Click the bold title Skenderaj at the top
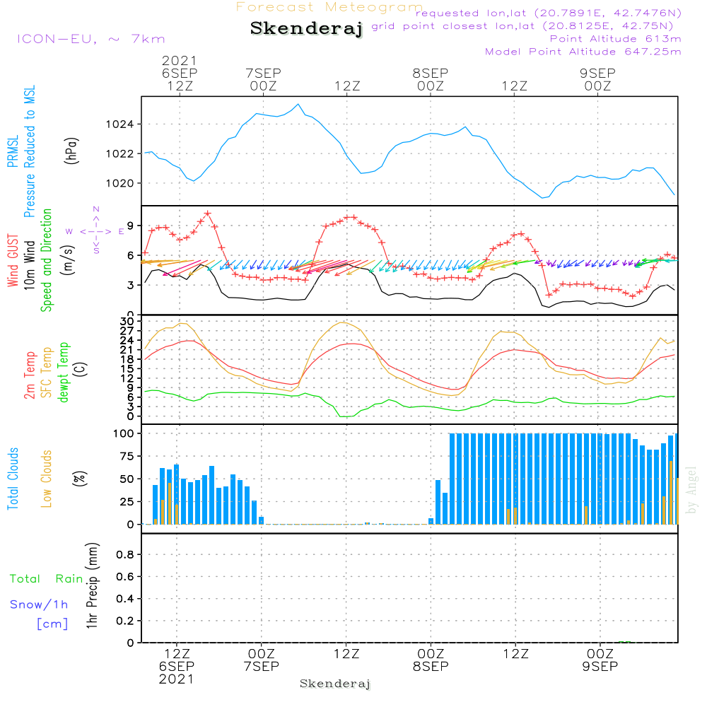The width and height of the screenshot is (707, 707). click(x=306, y=29)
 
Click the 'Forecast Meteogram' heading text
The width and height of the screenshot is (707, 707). click(x=329, y=7)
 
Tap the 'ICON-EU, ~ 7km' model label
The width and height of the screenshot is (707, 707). click(x=90, y=39)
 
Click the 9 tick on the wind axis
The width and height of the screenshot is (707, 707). click(x=132, y=226)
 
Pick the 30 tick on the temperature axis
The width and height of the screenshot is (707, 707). click(x=128, y=322)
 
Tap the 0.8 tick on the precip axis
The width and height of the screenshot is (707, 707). click(x=125, y=554)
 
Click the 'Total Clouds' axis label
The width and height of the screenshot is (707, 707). click(x=13, y=479)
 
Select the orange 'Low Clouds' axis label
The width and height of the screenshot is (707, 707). click(x=47, y=479)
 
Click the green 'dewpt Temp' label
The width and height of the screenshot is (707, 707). click(x=64, y=373)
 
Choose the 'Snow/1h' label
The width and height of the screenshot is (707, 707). click(x=39, y=604)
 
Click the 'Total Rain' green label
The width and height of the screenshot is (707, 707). click(x=46, y=579)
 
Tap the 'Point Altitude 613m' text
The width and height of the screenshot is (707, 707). click(x=615, y=38)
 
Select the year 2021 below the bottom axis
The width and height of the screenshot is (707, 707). click(x=176, y=679)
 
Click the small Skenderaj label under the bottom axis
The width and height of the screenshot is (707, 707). click(x=335, y=684)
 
